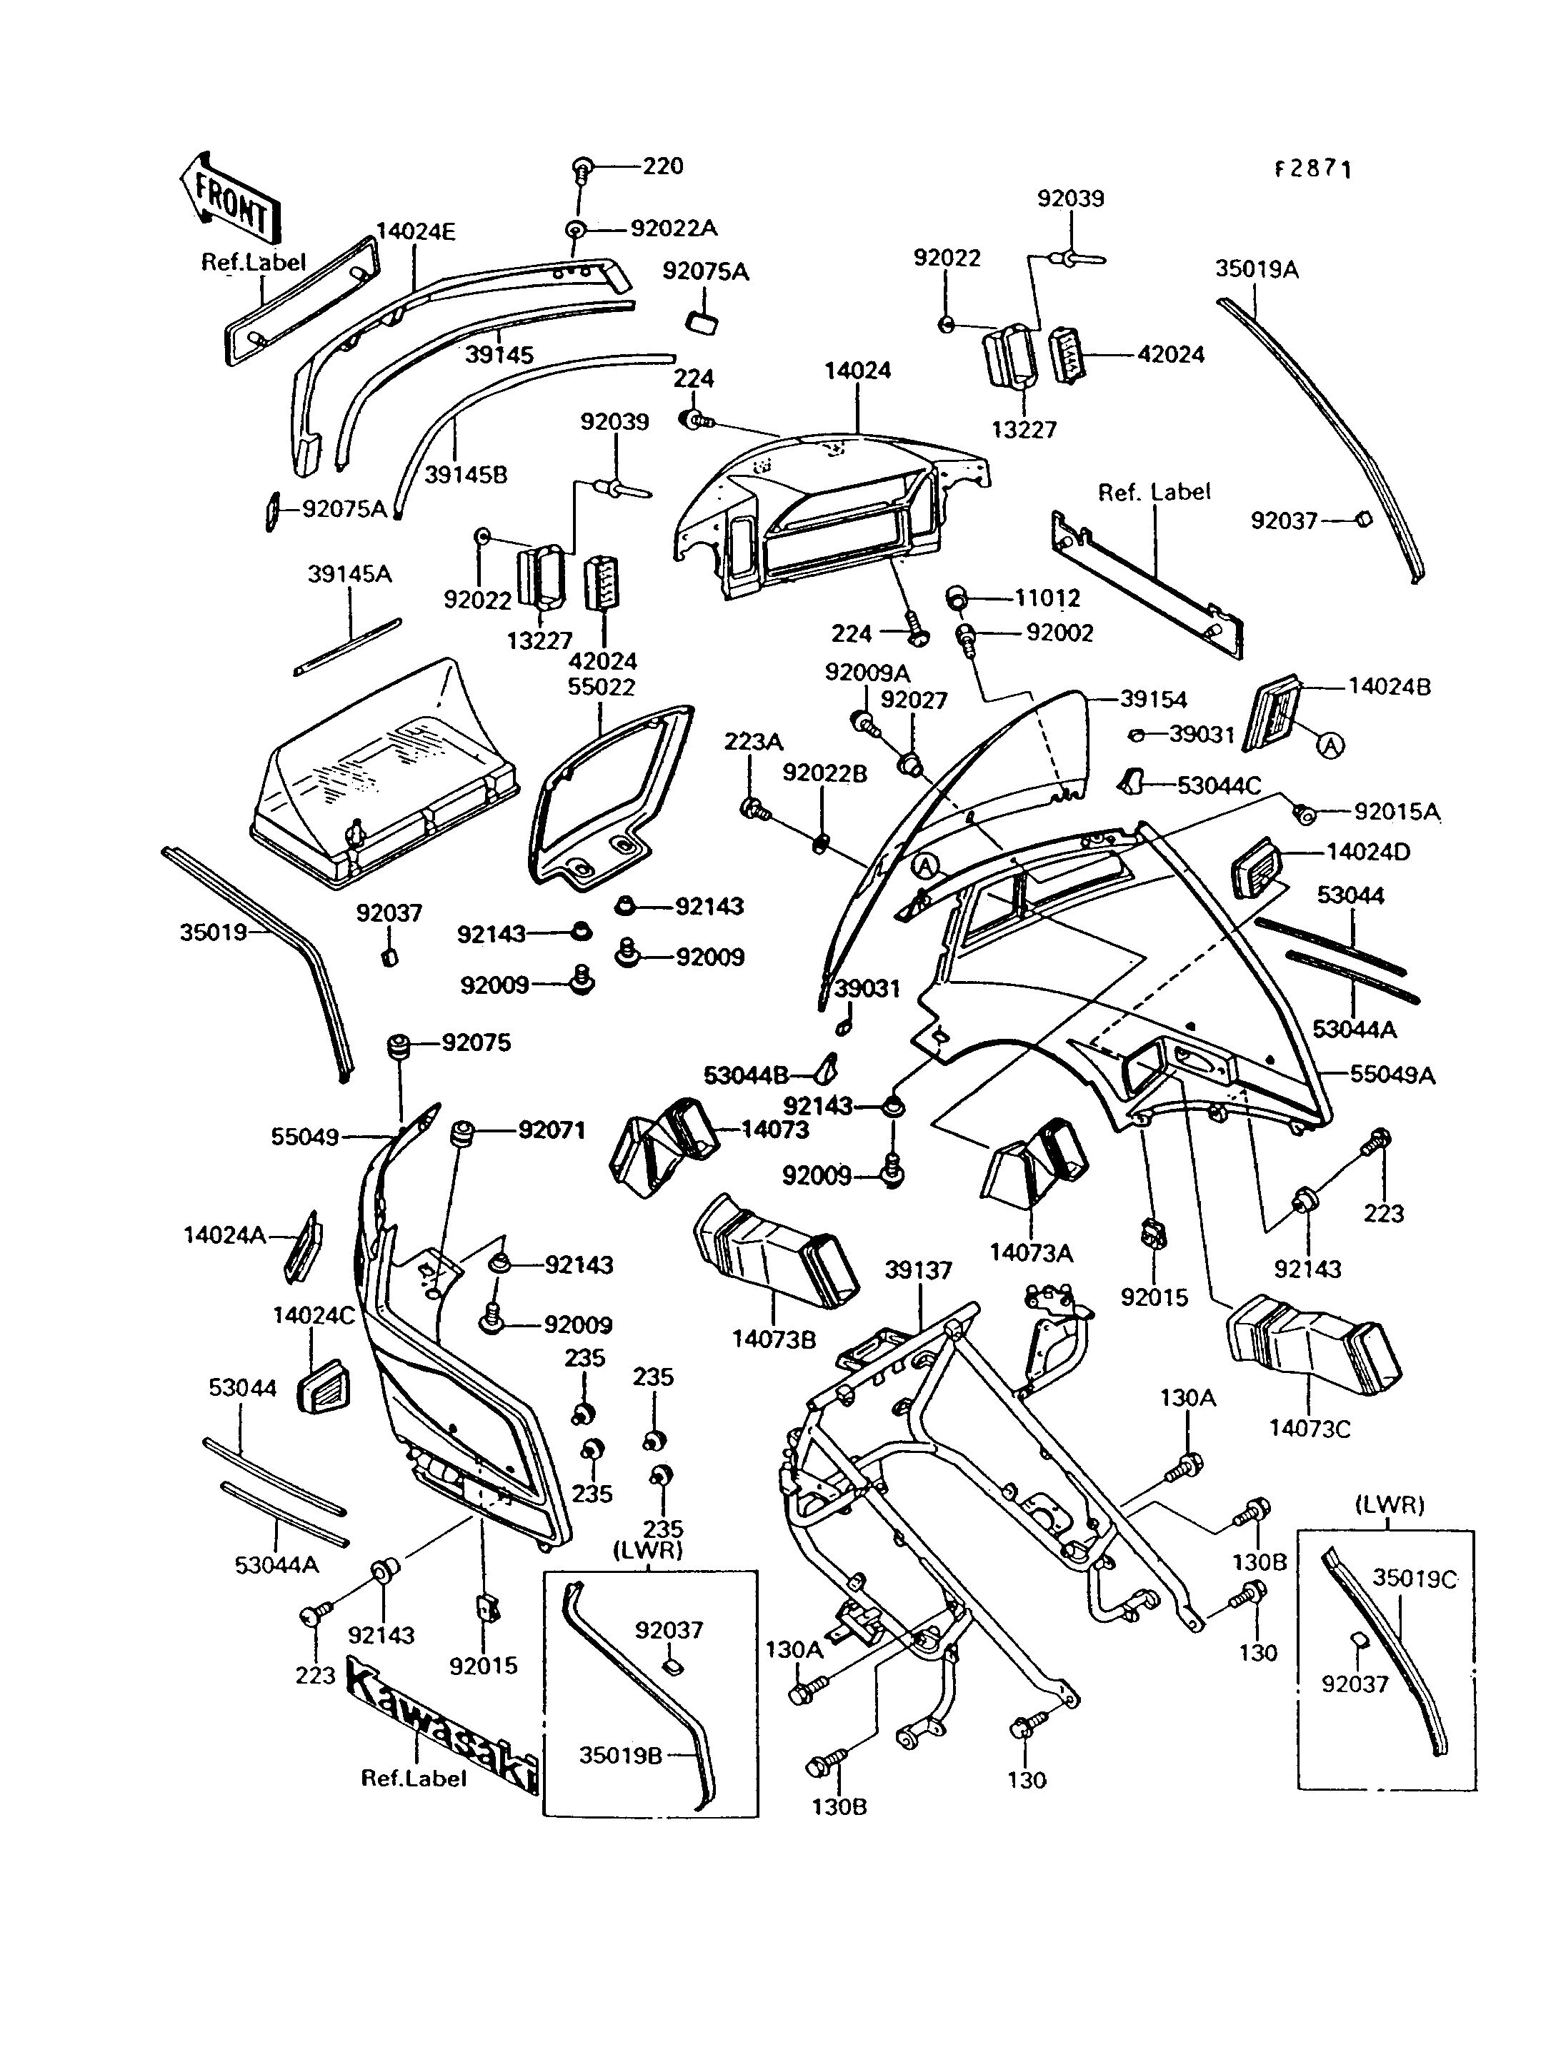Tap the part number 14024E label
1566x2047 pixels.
[x=416, y=231]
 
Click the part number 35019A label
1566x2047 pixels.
[x=1257, y=269]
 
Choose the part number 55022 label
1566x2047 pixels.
[x=602, y=687]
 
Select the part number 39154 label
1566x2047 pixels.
[x=1154, y=700]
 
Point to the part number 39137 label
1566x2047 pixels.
[x=918, y=1270]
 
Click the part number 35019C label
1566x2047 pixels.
[x=1414, y=1579]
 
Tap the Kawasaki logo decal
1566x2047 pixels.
[x=440, y=1723]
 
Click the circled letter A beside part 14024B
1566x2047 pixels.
[x=1331, y=745]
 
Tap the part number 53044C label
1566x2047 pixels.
[x=1220, y=785]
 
